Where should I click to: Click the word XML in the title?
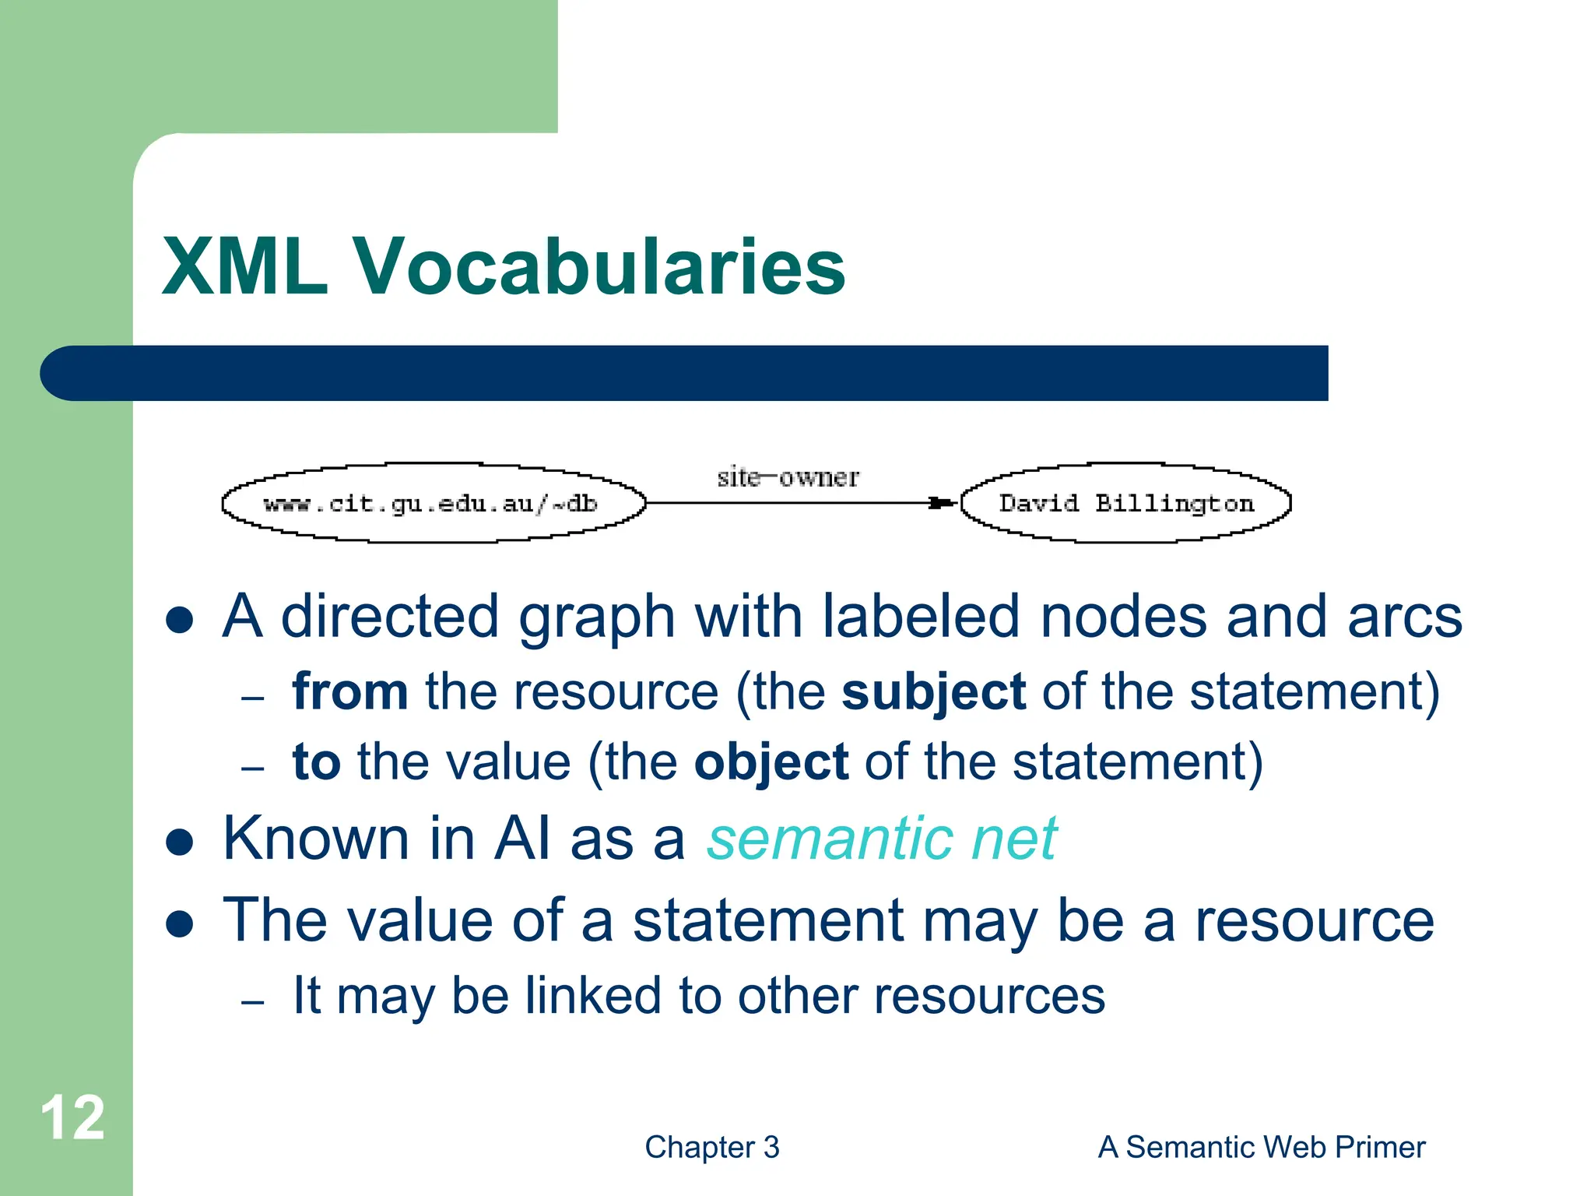pyautogui.click(x=244, y=267)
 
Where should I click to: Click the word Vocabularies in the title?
pyautogui.click(x=599, y=267)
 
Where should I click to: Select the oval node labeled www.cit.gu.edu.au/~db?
pyautogui.click(x=433, y=504)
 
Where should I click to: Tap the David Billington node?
pyautogui.click(x=1125, y=504)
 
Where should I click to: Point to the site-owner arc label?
pyautogui.click(x=788, y=477)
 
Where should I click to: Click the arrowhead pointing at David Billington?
pyautogui.click(x=942, y=503)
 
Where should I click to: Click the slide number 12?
pyautogui.click(x=72, y=1118)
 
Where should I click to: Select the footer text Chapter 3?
pyautogui.click(x=711, y=1147)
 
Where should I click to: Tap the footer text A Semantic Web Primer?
pyautogui.click(x=1261, y=1147)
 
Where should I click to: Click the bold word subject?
pyautogui.click(x=933, y=691)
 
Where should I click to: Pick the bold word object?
pyautogui.click(x=771, y=762)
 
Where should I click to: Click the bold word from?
pyautogui.click(x=349, y=691)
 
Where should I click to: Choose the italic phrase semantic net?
pyautogui.click(x=881, y=839)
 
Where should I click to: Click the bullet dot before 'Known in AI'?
pyautogui.click(x=180, y=842)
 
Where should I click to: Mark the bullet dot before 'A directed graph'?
pyautogui.click(x=180, y=620)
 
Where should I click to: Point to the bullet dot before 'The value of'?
pyautogui.click(x=180, y=923)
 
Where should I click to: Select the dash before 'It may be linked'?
pyautogui.click(x=253, y=1001)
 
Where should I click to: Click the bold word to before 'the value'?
pyautogui.click(x=316, y=762)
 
